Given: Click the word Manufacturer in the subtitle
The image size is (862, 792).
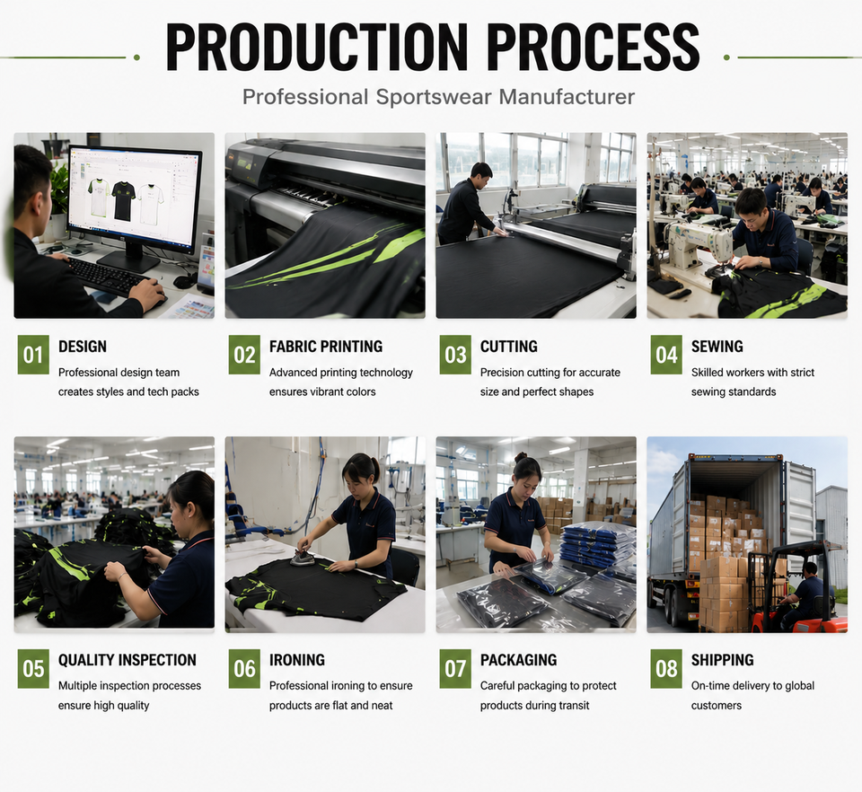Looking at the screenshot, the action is [567, 97].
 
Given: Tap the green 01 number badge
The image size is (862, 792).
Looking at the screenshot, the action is [33, 355].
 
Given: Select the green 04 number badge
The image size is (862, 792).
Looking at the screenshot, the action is [666, 355].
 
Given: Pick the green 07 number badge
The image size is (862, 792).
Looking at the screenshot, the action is [455, 668].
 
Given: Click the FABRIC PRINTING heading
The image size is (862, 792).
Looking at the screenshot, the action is [326, 347].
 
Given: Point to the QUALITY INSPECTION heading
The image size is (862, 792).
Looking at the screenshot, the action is [128, 659].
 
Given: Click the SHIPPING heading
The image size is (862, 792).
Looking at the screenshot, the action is [722, 659].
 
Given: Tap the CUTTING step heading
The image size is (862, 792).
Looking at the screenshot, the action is [509, 347].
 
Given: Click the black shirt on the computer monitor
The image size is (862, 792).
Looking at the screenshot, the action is [123, 201].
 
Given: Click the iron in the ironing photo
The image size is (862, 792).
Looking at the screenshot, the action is [303, 558].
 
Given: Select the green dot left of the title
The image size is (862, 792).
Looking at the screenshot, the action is [136, 57].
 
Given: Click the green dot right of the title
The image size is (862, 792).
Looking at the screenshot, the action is [726, 57].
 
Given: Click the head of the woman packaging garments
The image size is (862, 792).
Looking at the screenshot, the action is [527, 471].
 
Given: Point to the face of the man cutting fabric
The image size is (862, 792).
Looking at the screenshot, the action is [484, 180].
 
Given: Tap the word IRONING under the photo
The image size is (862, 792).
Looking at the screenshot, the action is [297, 659].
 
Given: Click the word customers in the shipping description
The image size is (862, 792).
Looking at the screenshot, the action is [717, 705].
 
